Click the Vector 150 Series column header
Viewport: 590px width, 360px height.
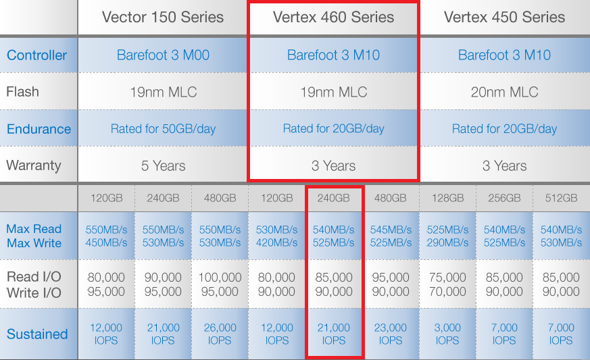163,18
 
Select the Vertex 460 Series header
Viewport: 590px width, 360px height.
333,18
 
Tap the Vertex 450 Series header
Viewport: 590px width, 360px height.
504,18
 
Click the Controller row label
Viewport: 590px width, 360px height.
37,55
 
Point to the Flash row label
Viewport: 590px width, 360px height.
22,92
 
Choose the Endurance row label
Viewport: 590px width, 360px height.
39,129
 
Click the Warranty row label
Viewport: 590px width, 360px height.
34,165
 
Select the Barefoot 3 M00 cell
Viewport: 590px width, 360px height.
163,55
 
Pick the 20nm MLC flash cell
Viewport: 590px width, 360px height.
504,92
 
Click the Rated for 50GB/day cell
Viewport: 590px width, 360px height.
163,129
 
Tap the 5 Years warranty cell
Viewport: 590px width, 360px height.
164,166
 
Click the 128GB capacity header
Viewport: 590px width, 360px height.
448,199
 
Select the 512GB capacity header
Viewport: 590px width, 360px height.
561,199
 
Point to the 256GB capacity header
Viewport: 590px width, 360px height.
504,199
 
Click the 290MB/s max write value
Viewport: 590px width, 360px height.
447,243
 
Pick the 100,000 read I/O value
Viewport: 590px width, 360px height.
220,278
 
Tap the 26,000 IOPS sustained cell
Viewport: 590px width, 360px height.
220,334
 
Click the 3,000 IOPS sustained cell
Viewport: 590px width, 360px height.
447,334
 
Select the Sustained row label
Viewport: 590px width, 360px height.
37,334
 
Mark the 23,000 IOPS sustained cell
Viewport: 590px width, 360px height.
390,334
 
